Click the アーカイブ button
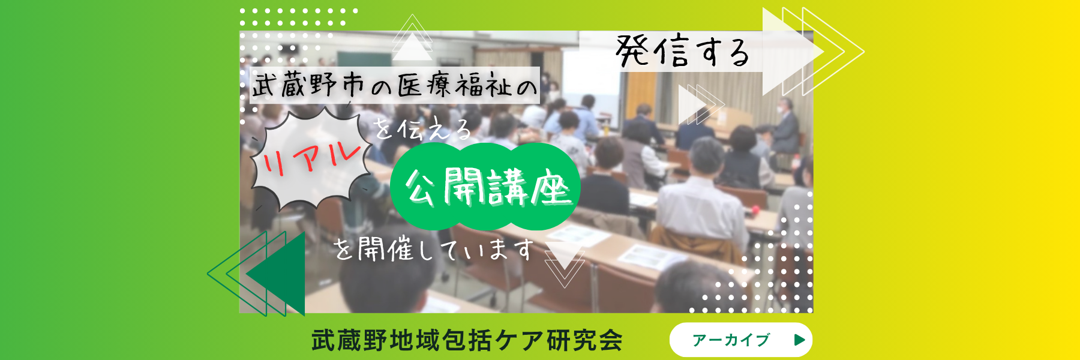coord(741,340)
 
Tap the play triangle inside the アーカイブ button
coord(799,340)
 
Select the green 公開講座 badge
coord(485,187)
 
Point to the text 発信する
coord(683,52)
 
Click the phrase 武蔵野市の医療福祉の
coord(394,85)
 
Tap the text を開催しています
coord(434,248)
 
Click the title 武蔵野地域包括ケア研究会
coord(467,340)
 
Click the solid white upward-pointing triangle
coord(412,47)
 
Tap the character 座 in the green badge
coord(550,187)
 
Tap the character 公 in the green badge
coord(422,187)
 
